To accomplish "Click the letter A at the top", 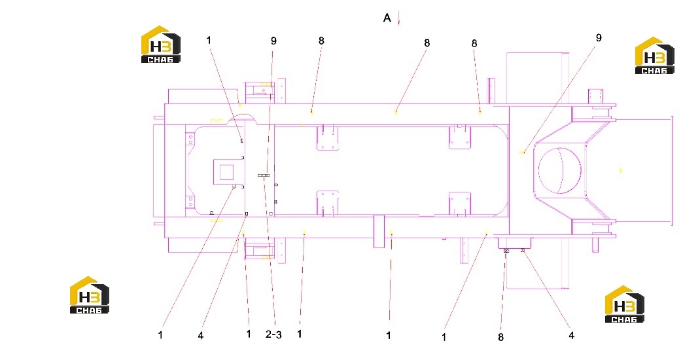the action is pyautogui.click(x=387, y=18).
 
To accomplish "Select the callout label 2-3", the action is pyautogui.click(x=273, y=334).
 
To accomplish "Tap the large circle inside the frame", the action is pyautogui.click(x=560, y=171).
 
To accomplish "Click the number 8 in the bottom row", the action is pyautogui.click(x=500, y=337).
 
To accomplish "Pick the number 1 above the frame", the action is pyautogui.click(x=209, y=40).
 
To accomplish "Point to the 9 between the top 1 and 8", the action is pyautogui.click(x=273, y=41).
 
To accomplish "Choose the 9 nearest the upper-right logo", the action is pyautogui.click(x=599, y=37).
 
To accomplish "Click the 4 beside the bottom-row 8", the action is pyautogui.click(x=571, y=335).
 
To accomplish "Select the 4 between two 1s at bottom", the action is pyautogui.click(x=200, y=335).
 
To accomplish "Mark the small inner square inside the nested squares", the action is pyautogui.click(x=227, y=171).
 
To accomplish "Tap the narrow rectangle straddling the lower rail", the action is pyautogui.click(x=379, y=231).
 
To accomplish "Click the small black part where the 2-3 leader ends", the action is pyautogui.click(x=264, y=175).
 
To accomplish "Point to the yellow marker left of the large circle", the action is pyautogui.click(x=521, y=153).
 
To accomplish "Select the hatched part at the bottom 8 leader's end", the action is pyautogui.click(x=505, y=251).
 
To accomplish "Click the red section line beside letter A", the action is pyautogui.click(x=398, y=19).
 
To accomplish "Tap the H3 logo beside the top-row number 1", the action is pyautogui.click(x=161, y=45).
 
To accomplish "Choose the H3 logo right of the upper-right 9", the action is pyautogui.click(x=654, y=56).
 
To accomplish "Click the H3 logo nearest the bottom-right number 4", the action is pyautogui.click(x=624, y=304).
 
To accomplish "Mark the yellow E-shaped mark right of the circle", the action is pyautogui.click(x=621, y=170).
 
